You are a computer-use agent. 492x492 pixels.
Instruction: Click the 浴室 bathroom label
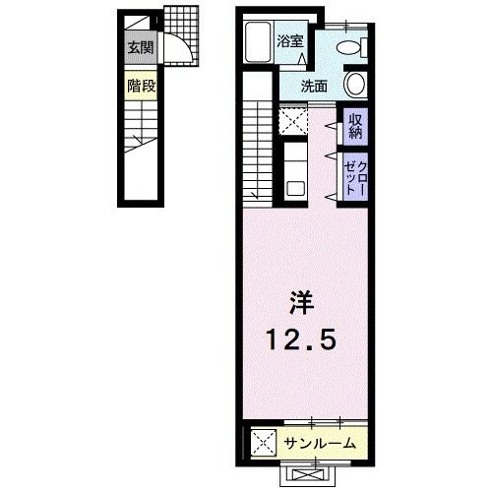(289, 41)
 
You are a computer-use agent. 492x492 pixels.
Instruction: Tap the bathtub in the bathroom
(258, 43)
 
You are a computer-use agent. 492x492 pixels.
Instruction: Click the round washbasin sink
(355, 86)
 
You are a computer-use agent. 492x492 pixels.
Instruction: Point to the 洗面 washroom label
(315, 86)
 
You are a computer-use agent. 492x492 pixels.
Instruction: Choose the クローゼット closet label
(355, 177)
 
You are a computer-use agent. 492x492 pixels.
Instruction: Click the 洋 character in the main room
(302, 300)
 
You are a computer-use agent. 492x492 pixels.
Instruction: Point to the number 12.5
(302, 339)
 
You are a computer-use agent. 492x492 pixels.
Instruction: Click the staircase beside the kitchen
(259, 148)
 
